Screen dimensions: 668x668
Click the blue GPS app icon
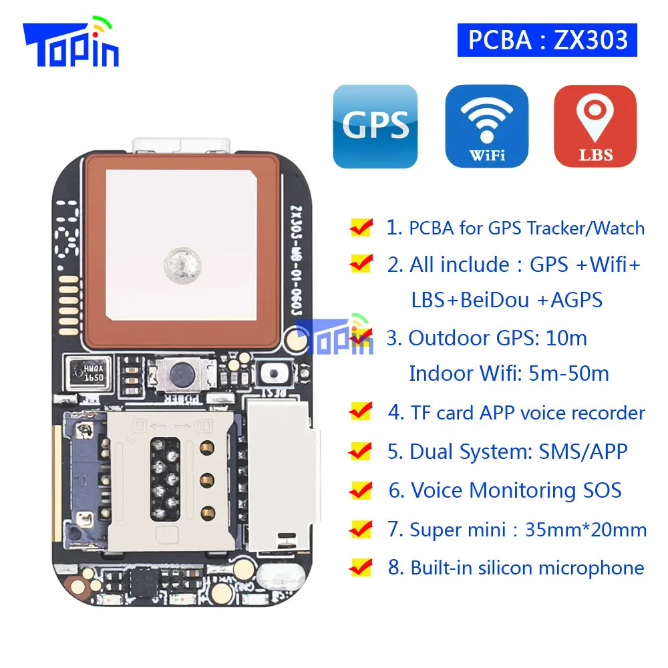pyautogui.click(x=375, y=126)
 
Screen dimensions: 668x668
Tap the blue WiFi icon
pyautogui.click(x=486, y=126)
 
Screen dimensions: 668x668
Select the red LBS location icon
pyautogui.click(x=595, y=126)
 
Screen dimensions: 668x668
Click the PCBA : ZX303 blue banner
pyautogui.click(x=547, y=39)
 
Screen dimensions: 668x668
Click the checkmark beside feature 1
pyautogui.click(x=361, y=228)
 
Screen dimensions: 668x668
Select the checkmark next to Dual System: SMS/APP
pyautogui.click(x=361, y=452)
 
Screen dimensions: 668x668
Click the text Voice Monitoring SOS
pyautogui.click(x=516, y=490)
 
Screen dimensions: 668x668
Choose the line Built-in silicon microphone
pyautogui.click(x=527, y=568)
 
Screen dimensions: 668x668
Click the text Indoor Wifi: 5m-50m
pyautogui.click(x=509, y=373)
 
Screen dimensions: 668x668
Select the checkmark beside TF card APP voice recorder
pyautogui.click(x=361, y=412)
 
